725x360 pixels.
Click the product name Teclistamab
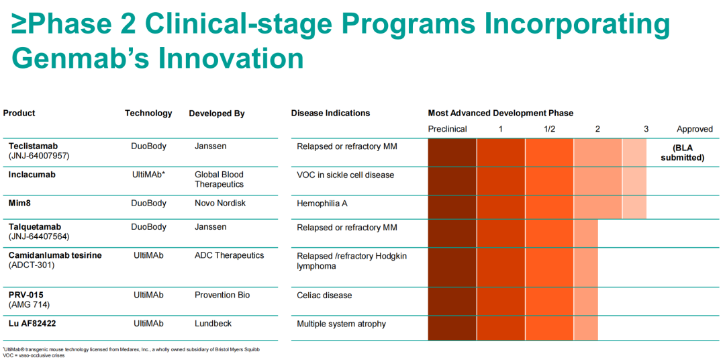33,146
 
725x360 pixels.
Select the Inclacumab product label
32,175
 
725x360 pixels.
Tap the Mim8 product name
20,203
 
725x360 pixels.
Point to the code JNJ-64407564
39,236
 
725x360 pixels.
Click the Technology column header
148,114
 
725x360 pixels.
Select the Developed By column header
216,114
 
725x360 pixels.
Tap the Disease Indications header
330,114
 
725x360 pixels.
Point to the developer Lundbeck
213,324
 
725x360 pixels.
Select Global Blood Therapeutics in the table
220,179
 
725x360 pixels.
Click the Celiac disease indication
324,296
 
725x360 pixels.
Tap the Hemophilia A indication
322,203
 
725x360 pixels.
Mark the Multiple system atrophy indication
341,324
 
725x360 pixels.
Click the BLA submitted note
682,152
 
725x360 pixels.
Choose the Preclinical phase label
447,129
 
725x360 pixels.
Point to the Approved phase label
694,129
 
